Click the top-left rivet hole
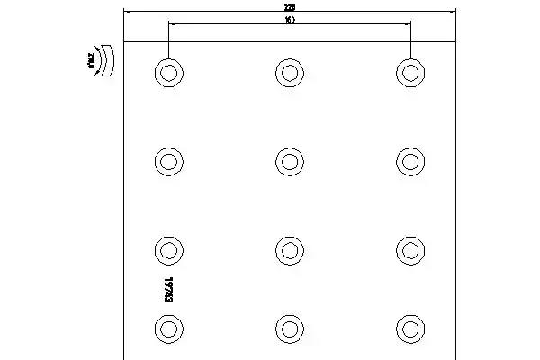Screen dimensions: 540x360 pos(167,72)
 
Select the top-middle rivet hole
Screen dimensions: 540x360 pos(289,72)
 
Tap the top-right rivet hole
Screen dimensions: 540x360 pos(409,72)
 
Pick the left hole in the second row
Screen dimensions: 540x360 pos(167,161)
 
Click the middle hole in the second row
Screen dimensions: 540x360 pos(289,161)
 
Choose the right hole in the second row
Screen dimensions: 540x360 pos(409,161)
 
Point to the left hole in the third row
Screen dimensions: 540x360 pos(167,249)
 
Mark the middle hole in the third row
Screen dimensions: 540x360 pos(289,249)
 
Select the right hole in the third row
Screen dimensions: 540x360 pos(409,249)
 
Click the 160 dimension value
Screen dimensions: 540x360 pos(289,19)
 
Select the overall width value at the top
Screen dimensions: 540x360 pos(289,6)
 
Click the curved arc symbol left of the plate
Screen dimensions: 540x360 pos(107,60)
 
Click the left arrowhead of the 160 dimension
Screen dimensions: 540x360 pos(170,24)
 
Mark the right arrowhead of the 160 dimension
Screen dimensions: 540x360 pos(407,24)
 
